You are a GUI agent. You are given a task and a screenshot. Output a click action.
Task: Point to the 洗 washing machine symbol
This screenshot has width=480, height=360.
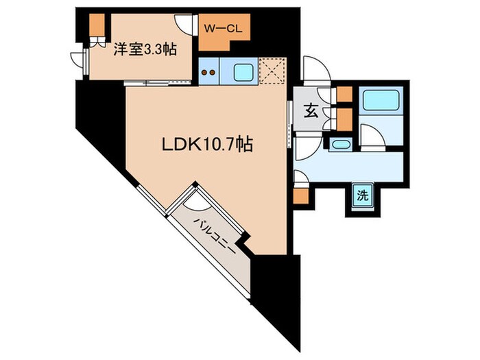coord(362,195)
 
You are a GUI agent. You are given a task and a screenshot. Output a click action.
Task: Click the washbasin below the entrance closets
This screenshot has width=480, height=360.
coord(340,144)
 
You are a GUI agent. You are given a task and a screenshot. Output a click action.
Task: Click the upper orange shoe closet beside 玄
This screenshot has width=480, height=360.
coord(344,95)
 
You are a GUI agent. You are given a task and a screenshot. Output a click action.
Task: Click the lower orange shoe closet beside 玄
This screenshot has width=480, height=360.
coord(344,117)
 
